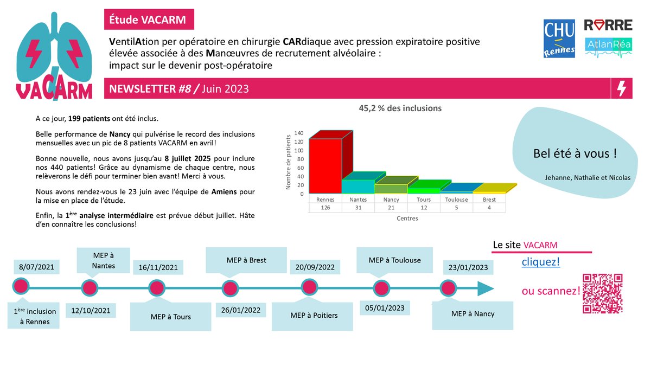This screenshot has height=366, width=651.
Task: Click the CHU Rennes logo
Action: [x=559, y=38]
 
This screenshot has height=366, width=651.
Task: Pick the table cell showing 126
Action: [x=325, y=208]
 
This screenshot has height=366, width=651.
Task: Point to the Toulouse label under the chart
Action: [x=456, y=200]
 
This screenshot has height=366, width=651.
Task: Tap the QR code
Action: [x=602, y=293]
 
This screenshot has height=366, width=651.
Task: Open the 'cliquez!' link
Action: [x=540, y=262]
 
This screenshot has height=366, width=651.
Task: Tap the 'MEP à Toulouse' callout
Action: [x=394, y=260]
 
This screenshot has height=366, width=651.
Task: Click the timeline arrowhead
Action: [x=486, y=288]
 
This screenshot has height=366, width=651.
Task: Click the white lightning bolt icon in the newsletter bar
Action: [x=622, y=88]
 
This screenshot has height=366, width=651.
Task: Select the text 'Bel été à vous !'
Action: [x=575, y=153]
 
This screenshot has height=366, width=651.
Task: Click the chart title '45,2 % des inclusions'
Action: [x=400, y=108]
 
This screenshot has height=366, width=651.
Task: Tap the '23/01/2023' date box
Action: [x=468, y=267]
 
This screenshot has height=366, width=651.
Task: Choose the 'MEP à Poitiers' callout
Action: [x=314, y=316]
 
